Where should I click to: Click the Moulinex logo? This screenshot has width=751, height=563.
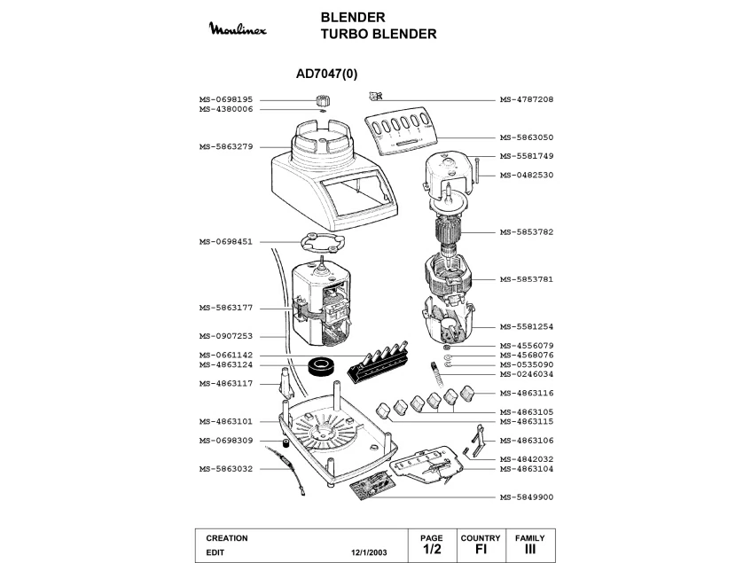click(x=237, y=29)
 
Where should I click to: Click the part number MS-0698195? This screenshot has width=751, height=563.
click(x=226, y=99)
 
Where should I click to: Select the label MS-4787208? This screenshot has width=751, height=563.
click(x=526, y=99)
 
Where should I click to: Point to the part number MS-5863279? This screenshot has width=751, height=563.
click(x=226, y=146)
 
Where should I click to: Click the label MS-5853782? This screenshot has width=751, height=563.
click(x=526, y=231)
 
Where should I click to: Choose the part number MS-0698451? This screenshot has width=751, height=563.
click(x=226, y=241)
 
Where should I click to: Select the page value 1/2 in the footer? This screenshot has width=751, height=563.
click(x=431, y=550)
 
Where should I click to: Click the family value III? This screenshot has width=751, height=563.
click(x=530, y=550)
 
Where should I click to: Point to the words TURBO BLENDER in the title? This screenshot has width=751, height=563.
click(x=379, y=35)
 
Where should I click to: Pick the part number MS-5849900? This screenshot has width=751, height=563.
click(x=526, y=497)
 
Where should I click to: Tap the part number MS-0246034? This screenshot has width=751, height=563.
click(x=526, y=374)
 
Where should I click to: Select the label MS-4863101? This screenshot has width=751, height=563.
click(x=226, y=421)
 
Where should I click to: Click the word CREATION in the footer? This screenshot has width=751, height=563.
click(x=227, y=538)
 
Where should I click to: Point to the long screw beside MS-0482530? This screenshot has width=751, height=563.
click(x=477, y=168)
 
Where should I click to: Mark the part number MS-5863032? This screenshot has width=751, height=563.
click(x=226, y=468)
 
